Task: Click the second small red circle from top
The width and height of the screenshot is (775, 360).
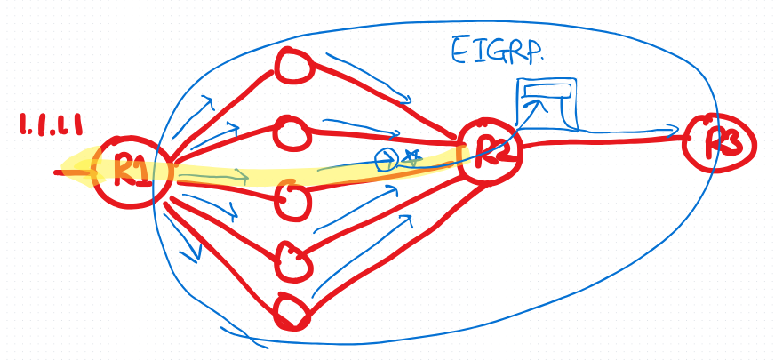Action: (291, 132)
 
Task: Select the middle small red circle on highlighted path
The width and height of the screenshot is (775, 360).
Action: (292, 198)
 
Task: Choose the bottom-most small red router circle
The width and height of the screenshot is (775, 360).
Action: (292, 312)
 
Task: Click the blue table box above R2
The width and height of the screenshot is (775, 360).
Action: (547, 102)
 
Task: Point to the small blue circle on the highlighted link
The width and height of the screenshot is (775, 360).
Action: (386, 160)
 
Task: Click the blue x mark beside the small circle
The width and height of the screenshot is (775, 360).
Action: (410, 158)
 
